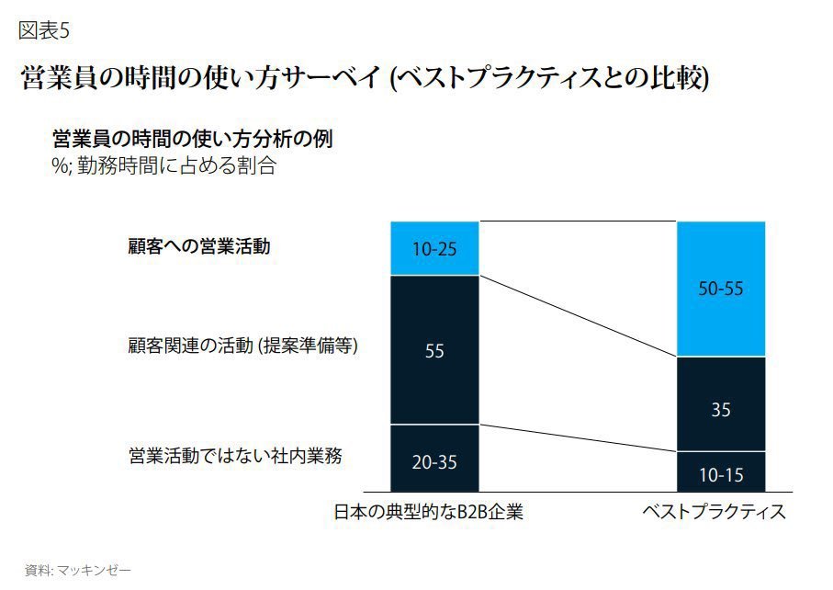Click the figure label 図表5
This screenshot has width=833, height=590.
(44, 30)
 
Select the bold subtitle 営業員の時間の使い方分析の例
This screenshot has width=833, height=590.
(192, 140)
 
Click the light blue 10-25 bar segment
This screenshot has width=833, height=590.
(434, 248)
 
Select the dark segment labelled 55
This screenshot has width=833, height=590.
(434, 350)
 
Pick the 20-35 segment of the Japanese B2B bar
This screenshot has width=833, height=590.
(434, 459)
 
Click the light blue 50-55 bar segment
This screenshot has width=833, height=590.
(720, 289)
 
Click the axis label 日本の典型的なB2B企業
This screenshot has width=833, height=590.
(433, 512)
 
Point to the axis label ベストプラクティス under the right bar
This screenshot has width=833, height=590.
(720, 512)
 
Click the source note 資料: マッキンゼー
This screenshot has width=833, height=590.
(78, 571)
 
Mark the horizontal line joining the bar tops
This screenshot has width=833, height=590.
(578, 221)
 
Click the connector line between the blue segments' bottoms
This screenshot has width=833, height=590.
(578, 315)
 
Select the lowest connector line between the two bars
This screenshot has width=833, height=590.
(578, 437)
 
